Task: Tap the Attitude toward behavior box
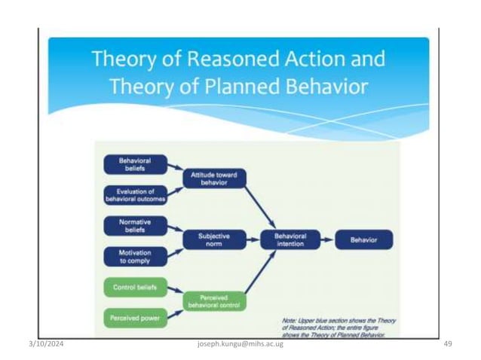214,178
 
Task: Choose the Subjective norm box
214,240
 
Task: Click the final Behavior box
364,240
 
